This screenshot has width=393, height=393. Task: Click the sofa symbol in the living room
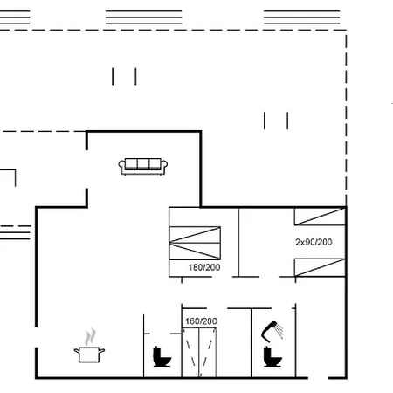click(142, 167)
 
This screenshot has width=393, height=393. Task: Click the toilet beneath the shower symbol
click(272, 356)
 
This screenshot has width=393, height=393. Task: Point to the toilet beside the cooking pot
click(162, 356)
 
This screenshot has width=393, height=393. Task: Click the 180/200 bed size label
click(204, 267)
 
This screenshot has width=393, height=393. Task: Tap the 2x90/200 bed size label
click(314, 242)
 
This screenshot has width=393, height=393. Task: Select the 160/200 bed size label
click(201, 321)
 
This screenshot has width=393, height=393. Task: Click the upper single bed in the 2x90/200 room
click(320, 217)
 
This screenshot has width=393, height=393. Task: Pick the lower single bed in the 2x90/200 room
click(320, 267)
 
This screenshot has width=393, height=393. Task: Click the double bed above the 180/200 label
click(195, 243)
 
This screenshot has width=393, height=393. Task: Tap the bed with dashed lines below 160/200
click(199, 353)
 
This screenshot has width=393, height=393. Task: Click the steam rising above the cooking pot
click(90, 337)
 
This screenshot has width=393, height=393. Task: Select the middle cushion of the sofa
click(143, 163)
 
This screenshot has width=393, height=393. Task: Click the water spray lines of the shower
click(279, 330)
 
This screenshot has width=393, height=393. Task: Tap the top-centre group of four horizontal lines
click(143, 17)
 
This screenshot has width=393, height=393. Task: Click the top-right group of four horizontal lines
click(302, 17)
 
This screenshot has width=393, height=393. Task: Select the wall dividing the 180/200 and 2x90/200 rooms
click(238, 242)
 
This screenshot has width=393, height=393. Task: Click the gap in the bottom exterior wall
click(318, 378)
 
